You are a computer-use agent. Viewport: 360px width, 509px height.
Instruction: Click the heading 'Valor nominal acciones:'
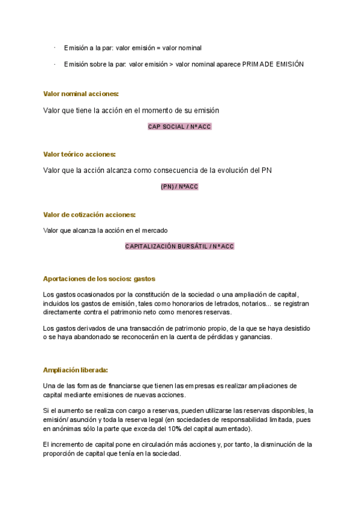[x=81, y=94]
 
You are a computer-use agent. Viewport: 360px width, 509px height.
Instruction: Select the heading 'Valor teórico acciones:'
[x=79, y=154]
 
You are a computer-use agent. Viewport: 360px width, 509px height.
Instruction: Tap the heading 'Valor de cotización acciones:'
[x=89, y=214]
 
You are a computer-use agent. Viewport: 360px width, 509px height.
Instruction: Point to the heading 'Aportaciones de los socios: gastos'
[x=99, y=279]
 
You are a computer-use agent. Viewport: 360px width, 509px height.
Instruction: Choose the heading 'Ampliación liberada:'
[x=76, y=370]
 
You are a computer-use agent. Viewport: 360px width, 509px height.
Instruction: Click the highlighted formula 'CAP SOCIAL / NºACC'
[x=179, y=127]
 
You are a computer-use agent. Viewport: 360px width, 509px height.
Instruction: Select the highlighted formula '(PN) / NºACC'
[x=179, y=187]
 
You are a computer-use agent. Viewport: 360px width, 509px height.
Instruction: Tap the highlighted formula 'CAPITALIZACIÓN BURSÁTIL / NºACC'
[x=179, y=246]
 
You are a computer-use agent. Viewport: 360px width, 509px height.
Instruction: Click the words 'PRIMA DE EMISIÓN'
[x=273, y=64]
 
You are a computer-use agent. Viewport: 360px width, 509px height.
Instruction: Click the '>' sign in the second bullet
[x=172, y=64]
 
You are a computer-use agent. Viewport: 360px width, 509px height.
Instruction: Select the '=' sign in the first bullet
[x=158, y=47]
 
